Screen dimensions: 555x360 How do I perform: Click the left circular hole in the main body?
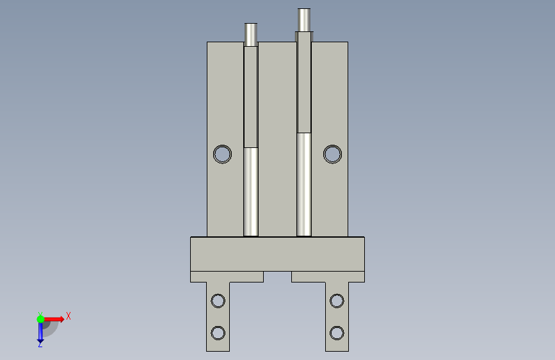222,154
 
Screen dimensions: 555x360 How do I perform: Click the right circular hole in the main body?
332,154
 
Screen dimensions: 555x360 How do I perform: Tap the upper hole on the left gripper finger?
218,301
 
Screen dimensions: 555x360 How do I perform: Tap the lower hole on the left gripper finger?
218,333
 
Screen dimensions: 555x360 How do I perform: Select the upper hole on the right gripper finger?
337,301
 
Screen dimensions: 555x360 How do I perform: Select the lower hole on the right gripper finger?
337,333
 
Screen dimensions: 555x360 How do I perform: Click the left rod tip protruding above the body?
251,35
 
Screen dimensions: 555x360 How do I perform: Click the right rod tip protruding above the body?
304,20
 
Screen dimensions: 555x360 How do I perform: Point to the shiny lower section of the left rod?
251,192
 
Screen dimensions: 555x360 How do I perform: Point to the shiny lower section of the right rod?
304,184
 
